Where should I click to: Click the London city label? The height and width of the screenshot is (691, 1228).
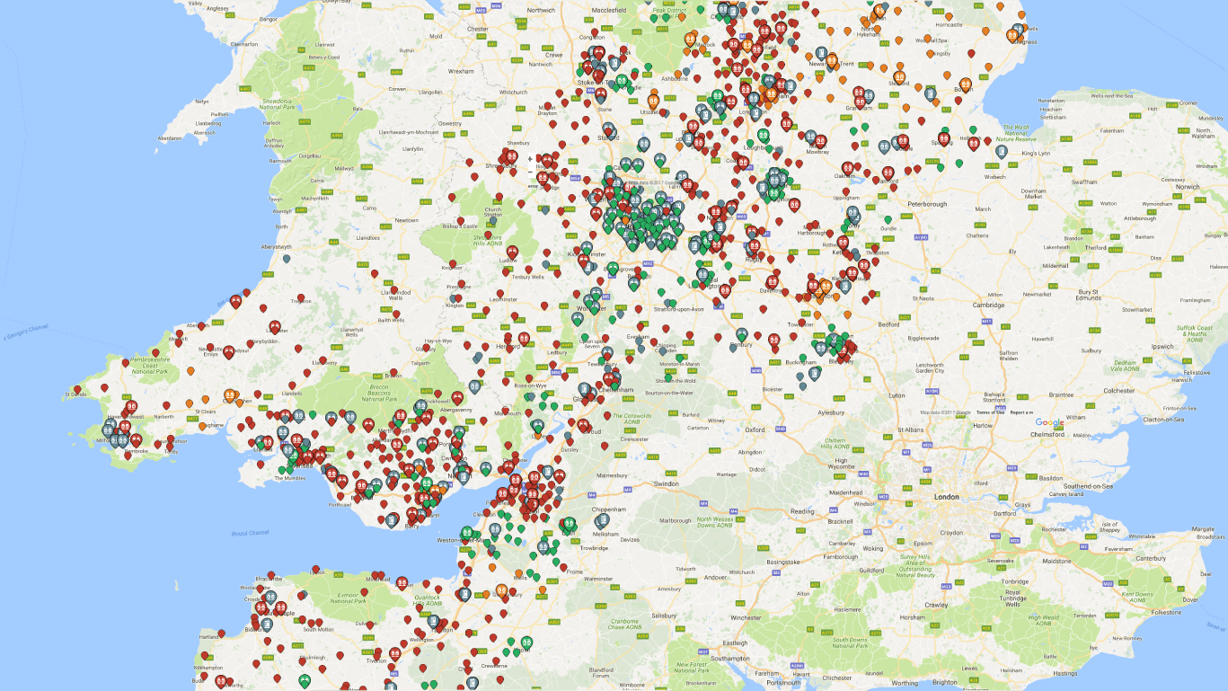tap(946, 497)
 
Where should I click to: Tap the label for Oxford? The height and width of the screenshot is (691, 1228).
tap(755, 430)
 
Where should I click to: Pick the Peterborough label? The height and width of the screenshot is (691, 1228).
tap(927, 204)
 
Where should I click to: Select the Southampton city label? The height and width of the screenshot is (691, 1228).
tap(727, 659)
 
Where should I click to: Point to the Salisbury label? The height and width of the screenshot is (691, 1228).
tap(664, 616)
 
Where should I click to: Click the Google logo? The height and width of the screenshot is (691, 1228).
tap(1049, 423)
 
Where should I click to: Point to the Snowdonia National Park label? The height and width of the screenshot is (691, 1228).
tap(278, 103)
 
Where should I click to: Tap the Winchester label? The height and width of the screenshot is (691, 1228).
tap(745, 617)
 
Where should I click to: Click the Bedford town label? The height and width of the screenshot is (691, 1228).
tap(888, 323)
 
